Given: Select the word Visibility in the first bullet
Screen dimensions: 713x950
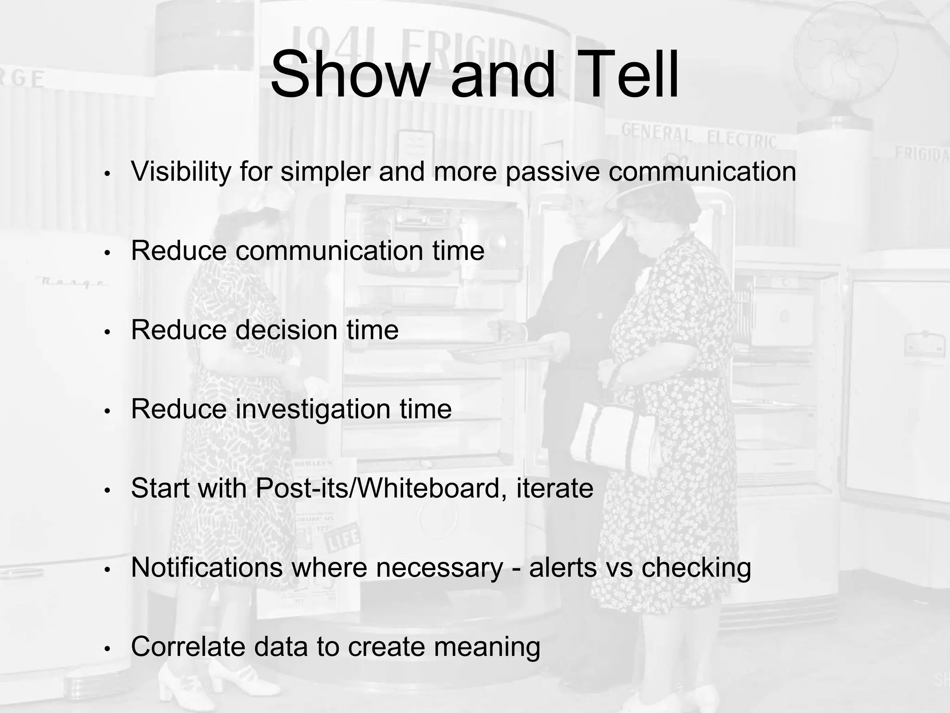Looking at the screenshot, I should coord(181,172).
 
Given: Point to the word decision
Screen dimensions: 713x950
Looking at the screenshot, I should coord(286,330).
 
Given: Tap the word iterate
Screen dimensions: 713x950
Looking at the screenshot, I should coord(555,488).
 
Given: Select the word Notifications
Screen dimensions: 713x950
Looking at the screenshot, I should coord(207,568).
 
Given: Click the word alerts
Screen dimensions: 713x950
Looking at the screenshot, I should coord(563,568).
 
